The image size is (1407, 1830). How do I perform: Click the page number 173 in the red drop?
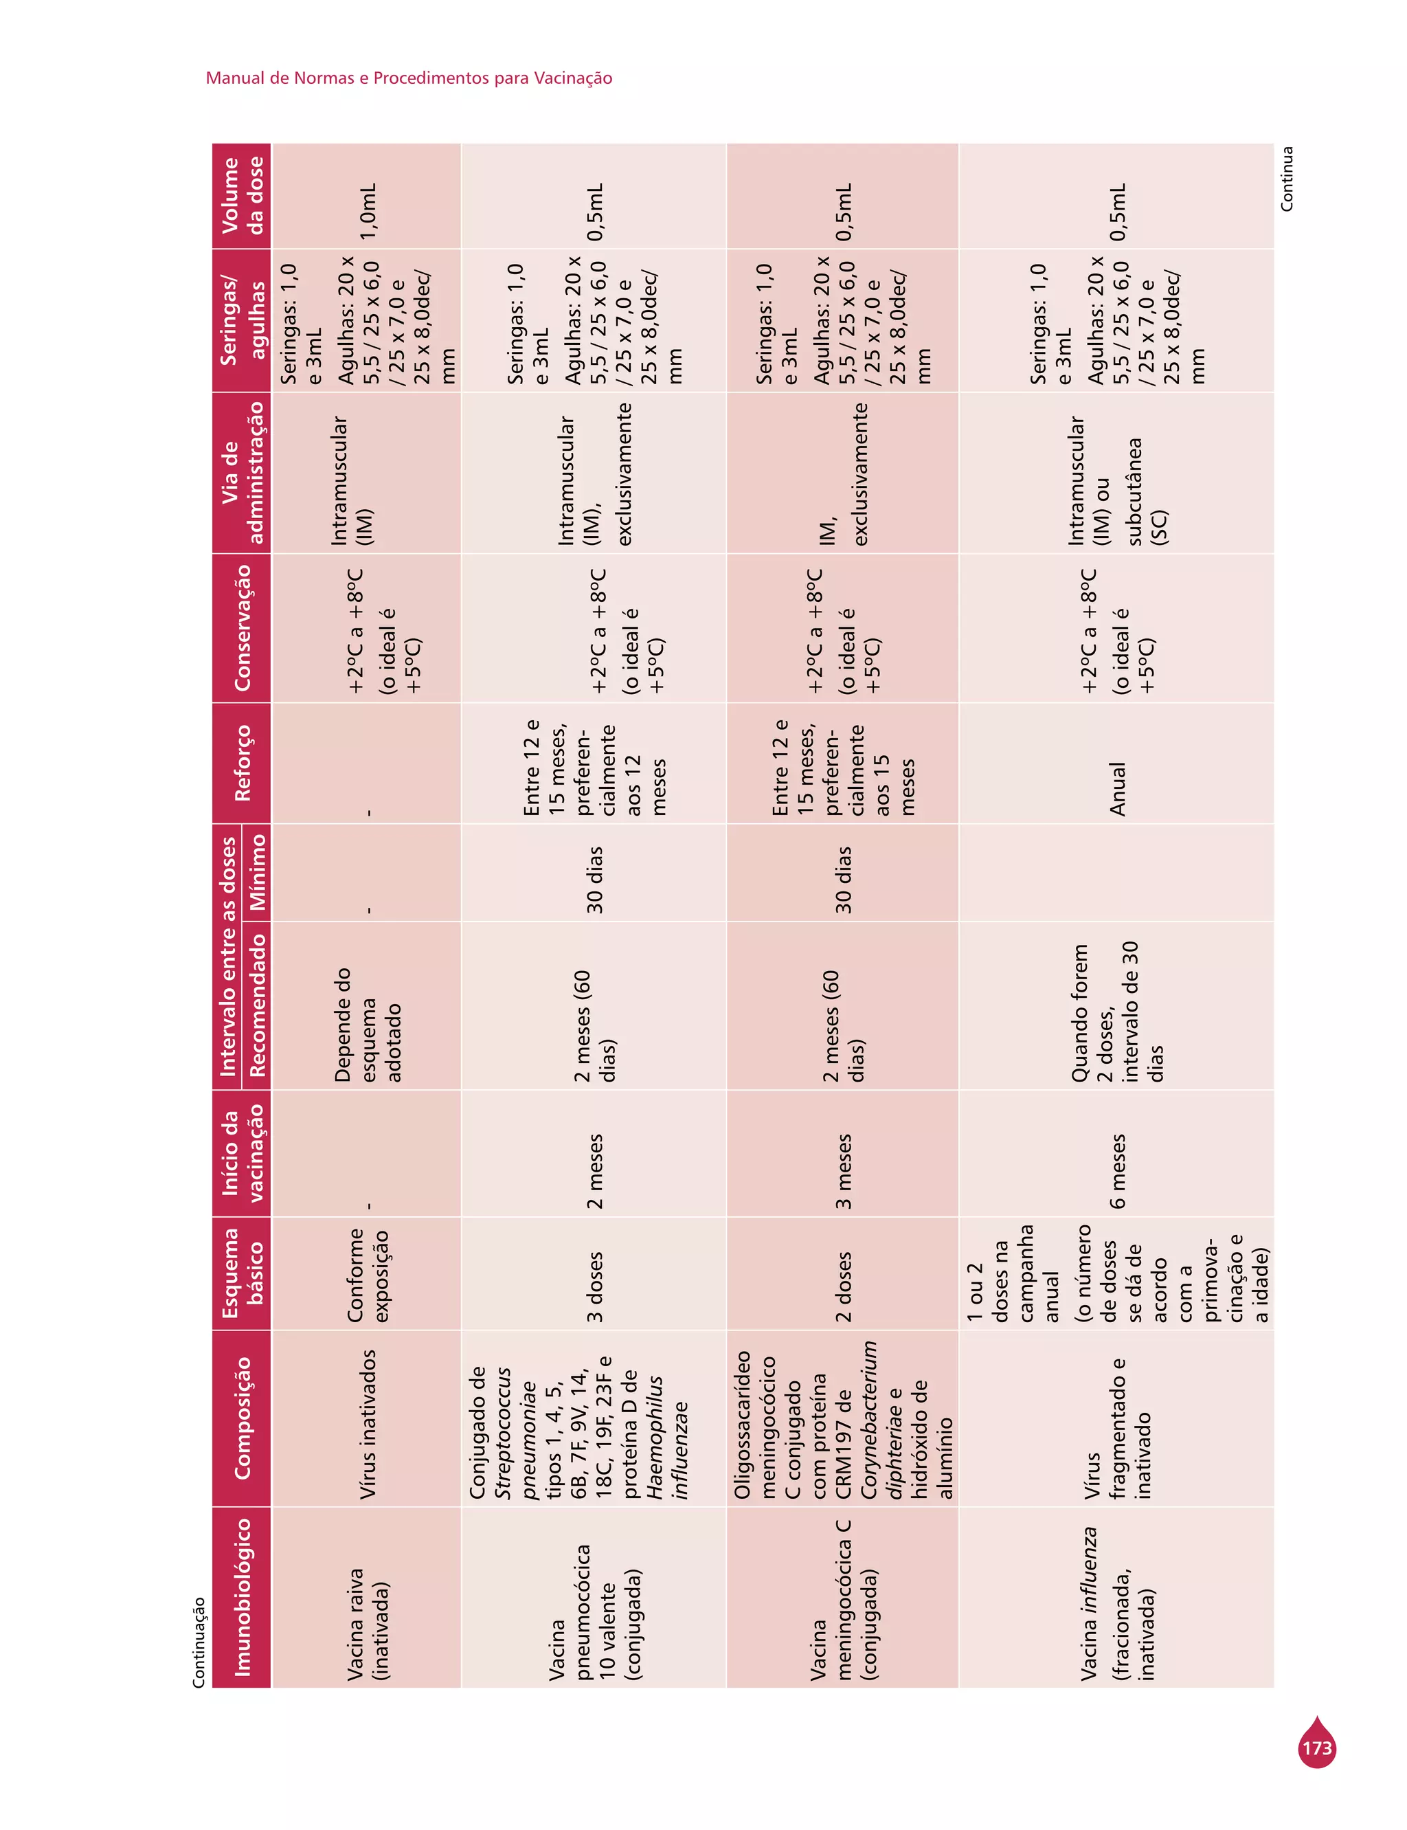click(x=1316, y=1749)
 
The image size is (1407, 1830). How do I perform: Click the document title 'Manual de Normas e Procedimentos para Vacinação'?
click(x=409, y=78)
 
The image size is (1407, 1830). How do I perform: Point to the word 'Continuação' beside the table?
click(x=199, y=1642)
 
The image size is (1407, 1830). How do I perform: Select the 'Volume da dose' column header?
click(x=242, y=196)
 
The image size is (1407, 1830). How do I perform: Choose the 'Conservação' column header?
click(x=242, y=627)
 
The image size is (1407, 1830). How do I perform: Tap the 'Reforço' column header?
click(x=242, y=763)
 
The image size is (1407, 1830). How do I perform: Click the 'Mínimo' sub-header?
click(x=257, y=872)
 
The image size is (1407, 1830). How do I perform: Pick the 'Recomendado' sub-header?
click(x=257, y=1005)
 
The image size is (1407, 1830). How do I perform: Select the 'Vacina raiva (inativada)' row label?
click(x=368, y=1624)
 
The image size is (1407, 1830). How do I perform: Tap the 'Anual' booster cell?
click(x=1117, y=789)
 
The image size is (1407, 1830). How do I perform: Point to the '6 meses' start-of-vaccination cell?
click(x=1117, y=1171)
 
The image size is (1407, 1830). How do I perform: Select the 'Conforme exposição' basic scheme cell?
click(x=368, y=1275)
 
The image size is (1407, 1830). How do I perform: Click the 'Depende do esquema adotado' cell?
click(x=368, y=1025)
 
